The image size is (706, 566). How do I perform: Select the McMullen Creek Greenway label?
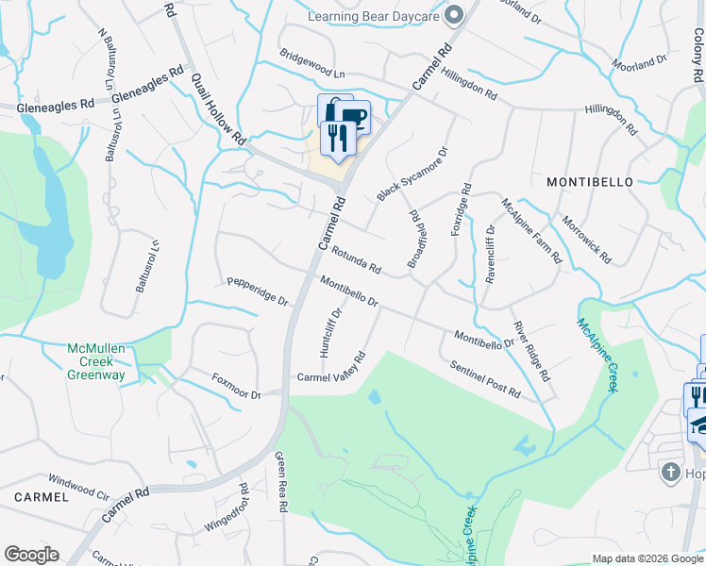tap(95, 361)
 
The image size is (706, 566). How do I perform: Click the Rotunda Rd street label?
tap(356, 260)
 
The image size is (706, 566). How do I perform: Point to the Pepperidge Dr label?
tap(258, 292)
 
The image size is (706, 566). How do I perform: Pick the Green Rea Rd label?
tap(280, 482)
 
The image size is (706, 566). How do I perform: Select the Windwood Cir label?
tap(78, 479)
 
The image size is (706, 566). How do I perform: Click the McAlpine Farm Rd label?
tap(530, 230)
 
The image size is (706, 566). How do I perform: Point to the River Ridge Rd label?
tap(530, 350)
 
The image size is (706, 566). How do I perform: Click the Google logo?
tap(31, 555)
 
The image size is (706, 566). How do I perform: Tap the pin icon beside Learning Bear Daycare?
tap(455, 14)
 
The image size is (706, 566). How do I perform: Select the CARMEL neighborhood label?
tap(42, 496)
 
